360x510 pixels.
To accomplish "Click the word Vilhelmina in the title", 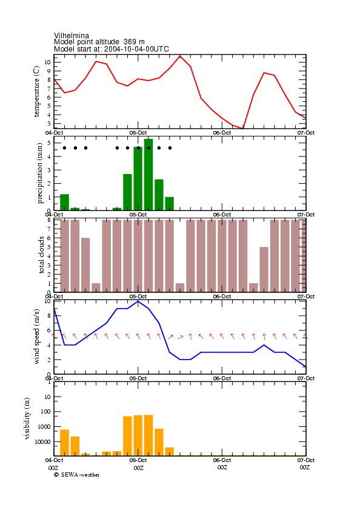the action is click(72, 35).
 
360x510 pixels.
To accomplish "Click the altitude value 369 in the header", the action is click(130, 42).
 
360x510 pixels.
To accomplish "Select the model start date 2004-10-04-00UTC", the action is click(136, 49).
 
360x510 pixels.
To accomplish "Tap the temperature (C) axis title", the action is click(36, 92).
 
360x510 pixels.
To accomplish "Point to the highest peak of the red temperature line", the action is click(180, 56).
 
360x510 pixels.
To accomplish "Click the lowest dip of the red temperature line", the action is click(242, 129).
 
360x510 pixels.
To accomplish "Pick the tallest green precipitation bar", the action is click(148, 175).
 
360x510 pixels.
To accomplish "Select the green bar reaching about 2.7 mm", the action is click(127, 192).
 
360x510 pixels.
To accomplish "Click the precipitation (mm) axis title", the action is click(40, 173).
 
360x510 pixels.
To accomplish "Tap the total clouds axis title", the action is click(41, 255).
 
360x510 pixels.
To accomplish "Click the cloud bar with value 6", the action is click(85, 265).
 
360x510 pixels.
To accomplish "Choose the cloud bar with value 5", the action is click(264, 269).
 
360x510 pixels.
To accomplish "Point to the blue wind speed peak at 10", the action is click(138, 301).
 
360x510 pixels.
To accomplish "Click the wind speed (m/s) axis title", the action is click(36, 337).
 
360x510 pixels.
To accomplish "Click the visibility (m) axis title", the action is click(27, 418).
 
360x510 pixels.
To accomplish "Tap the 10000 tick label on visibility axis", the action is click(43, 441).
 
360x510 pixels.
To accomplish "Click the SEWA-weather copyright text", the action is click(77, 475).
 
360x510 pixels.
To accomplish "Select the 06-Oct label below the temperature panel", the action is click(222, 133).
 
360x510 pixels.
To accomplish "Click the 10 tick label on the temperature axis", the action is click(48, 62).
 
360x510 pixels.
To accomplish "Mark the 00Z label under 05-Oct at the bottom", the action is click(139, 468).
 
